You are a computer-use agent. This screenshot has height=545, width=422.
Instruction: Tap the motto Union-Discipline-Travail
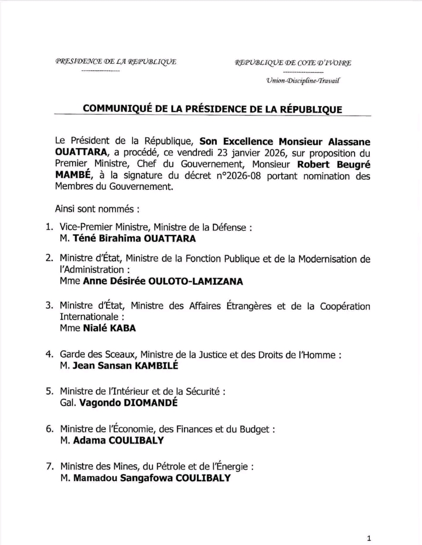(x=302, y=82)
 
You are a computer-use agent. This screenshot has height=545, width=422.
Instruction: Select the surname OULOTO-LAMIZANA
(x=196, y=281)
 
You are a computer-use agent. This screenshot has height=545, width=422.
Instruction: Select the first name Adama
(x=90, y=441)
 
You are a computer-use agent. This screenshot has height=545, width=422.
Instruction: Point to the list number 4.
(x=49, y=355)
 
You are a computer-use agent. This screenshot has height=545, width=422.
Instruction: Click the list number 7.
(x=49, y=467)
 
